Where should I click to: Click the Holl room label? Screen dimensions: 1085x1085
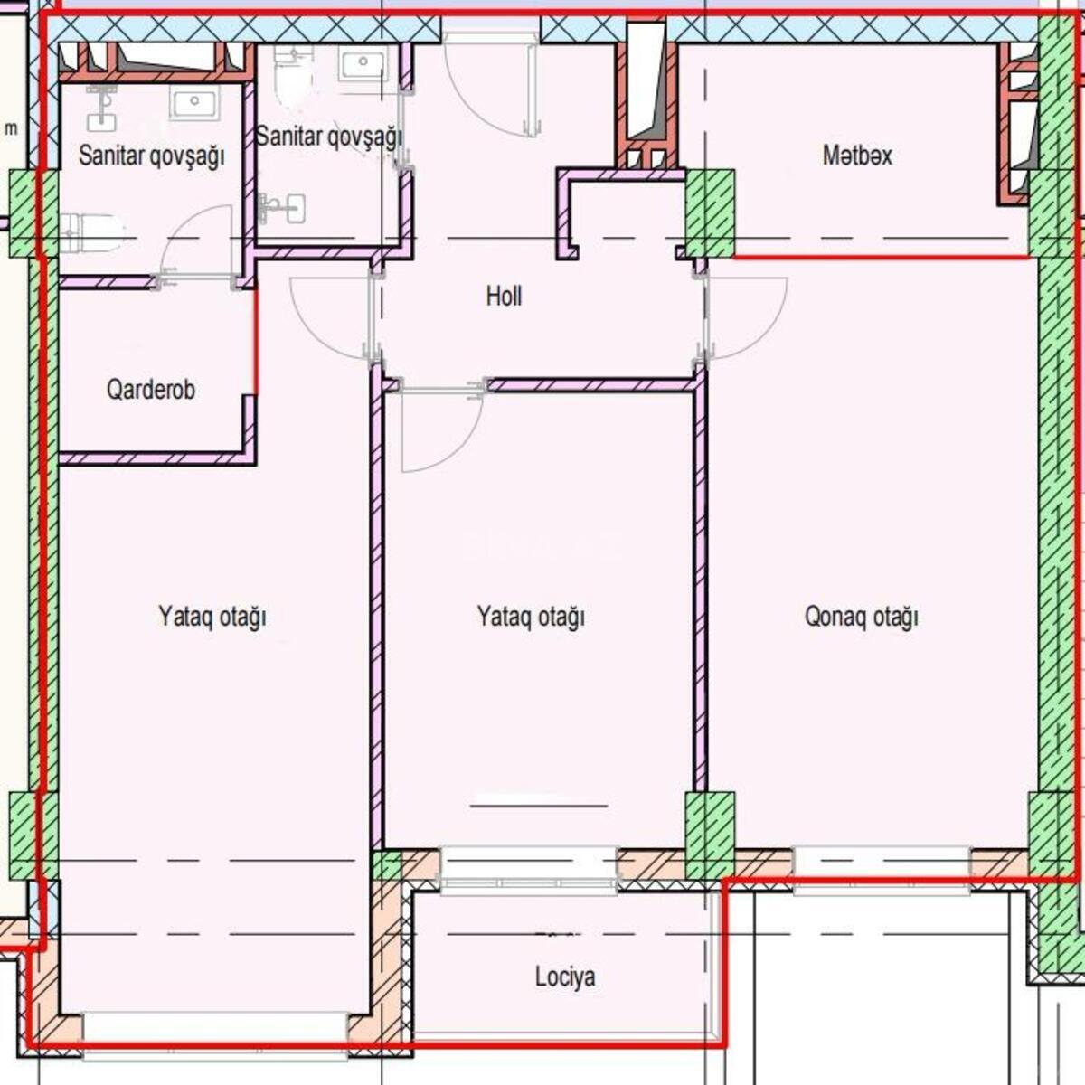tap(504, 297)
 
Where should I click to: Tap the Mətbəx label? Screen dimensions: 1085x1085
tap(857, 156)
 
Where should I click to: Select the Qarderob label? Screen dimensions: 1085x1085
tap(151, 390)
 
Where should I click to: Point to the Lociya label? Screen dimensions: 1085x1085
tap(565, 976)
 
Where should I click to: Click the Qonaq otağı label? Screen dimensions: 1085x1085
tap(862, 617)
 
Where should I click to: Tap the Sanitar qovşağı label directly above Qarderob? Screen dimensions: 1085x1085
tap(152, 156)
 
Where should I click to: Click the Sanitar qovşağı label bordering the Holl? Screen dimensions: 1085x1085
tap(329, 137)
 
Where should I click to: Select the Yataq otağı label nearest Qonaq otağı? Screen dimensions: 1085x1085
tap(531, 617)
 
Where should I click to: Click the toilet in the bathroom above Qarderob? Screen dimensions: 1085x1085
tap(91, 232)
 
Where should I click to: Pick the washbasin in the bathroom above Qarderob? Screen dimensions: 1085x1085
tap(194, 103)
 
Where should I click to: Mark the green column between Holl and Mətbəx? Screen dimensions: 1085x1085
tap(710, 213)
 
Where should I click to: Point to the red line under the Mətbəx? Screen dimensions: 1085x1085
tap(882, 258)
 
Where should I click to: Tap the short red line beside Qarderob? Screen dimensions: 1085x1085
tap(257, 341)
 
